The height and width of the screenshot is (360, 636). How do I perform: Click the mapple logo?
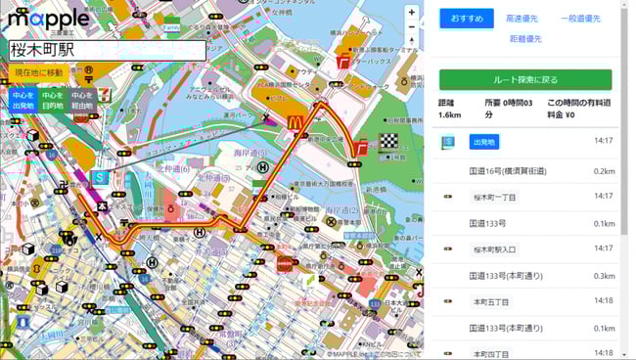(x=49, y=18)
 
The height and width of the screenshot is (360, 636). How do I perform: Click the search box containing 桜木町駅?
(x=108, y=50)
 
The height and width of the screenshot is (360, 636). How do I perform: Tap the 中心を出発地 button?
(x=23, y=100)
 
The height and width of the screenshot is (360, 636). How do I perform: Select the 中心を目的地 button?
(x=53, y=100)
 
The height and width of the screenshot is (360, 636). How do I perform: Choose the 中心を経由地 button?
(x=83, y=100)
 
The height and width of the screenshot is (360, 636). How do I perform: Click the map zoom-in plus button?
(x=412, y=14)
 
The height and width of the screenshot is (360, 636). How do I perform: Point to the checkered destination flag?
(x=389, y=140)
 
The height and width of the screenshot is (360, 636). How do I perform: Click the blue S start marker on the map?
(x=99, y=178)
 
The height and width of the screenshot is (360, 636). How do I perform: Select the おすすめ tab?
(x=467, y=19)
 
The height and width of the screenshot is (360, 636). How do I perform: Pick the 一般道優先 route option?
(x=580, y=19)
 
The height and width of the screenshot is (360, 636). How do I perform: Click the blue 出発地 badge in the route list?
(x=483, y=142)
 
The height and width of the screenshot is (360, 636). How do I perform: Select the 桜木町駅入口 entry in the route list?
(x=494, y=249)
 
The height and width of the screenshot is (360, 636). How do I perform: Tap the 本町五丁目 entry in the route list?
(x=491, y=302)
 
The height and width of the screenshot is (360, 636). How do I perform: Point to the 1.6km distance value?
(x=450, y=114)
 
